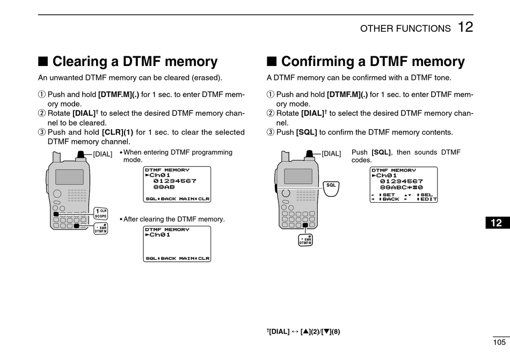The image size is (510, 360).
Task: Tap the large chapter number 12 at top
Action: click(465, 27)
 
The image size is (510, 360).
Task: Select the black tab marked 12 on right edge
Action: click(497, 222)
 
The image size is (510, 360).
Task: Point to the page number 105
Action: click(499, 342)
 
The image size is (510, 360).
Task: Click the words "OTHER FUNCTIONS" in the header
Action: click(405, 29)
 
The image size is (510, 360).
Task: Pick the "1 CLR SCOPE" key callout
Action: click(101, 213)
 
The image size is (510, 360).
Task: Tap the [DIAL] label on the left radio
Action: click(103, 154)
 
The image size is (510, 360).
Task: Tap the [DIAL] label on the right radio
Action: click(331, 154)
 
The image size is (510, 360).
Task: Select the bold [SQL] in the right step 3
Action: click(307, 132)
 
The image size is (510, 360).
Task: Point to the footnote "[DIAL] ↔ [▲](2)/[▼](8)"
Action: click(303, 332)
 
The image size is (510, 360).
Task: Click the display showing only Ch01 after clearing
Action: click(177, 244)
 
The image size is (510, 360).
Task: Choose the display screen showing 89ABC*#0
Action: click(404, 185)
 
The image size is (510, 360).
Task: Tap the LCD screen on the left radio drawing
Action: click(70, 177)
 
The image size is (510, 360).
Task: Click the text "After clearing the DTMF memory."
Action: click(174, 219)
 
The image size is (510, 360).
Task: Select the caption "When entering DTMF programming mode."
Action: click(177, 156)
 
